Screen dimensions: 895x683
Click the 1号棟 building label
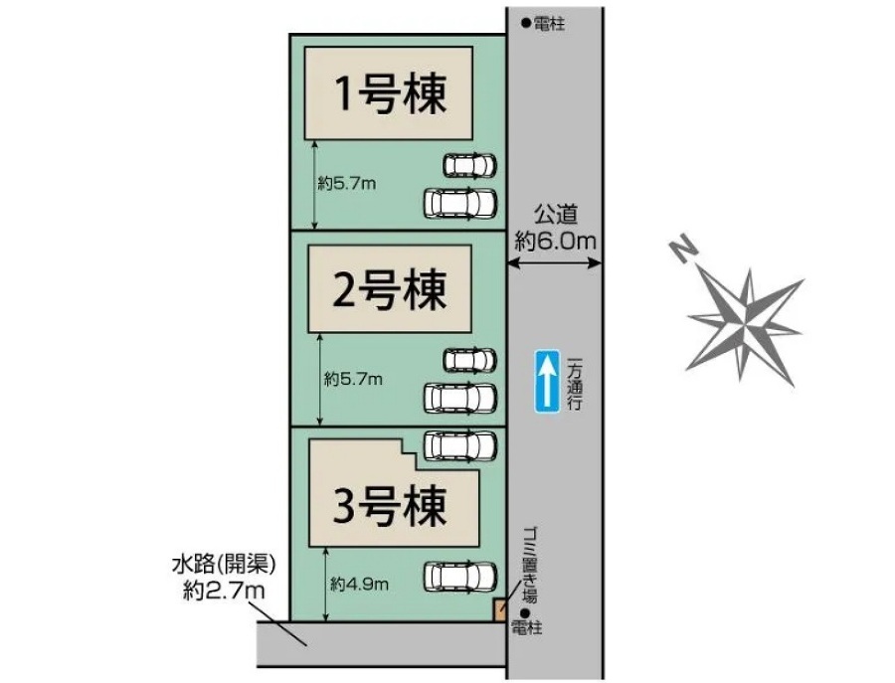pyautogui.click(x=391, y=93)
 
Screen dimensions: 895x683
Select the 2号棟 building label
pyautogui.click(x=389, y=290)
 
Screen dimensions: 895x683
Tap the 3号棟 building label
pyautogui.click(x=389, y=506)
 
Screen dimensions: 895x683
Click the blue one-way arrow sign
pyautogui.click(x=546, y=381)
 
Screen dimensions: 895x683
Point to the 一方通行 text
pyautogui.click(x=575, y=383)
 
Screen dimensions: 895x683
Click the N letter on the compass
pyautogui.click(x=683, y=249)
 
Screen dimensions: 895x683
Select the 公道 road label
pyautogui.click(x=556, y=215)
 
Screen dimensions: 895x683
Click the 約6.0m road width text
pyautogui.click(x=555, y=241)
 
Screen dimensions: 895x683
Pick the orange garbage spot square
pyautogui.click(x=500, y=610)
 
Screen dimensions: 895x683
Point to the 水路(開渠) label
pyautogui.click(x=224, y=565)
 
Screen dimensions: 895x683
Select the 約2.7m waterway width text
pyautogui.click(x=224, y=591)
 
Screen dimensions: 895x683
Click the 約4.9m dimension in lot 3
pyautogui.click(x=360, y=584)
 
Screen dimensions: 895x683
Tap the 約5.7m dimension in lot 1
pyautogui.click(x=347, y=184)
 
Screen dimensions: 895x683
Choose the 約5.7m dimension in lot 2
pyautogui.click(x=354, y=379)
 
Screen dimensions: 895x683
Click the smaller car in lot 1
pyautogui.click(x=469, y=165)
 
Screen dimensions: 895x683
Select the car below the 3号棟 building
pyautogui.click(x=460, y=577)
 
